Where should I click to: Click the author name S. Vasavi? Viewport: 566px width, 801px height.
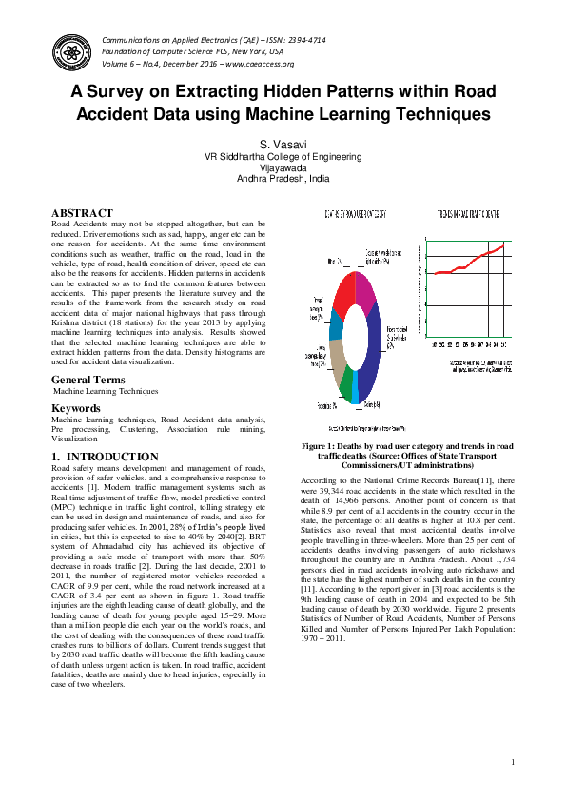point(283,142)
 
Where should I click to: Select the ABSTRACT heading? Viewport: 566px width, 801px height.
point(82,213)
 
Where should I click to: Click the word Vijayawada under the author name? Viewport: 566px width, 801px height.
point(283,166)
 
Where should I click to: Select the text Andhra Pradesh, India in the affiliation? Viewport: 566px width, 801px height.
point(283,177)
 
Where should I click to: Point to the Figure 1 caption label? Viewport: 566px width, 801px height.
point(324,445)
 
